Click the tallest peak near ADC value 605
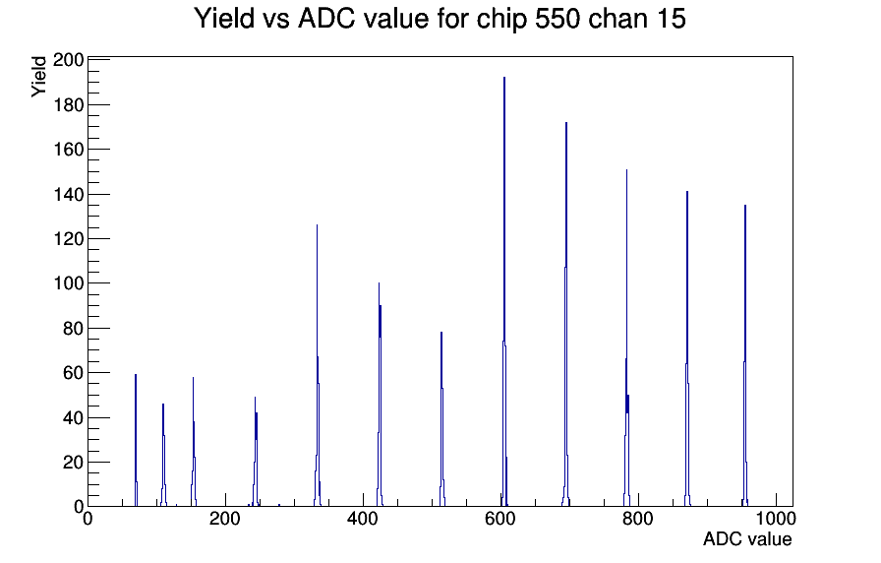(x=504, y=292)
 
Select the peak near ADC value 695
(x=566, y=315)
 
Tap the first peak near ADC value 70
(x=136, y=440)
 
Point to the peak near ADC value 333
(x=318, y=365)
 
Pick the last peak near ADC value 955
(x=745, y=355)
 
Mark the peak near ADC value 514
(x=441, y=419)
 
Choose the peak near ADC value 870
(x=687, y=348)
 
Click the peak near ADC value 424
(x=380, y=394)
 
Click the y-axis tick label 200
(x=68, y=60)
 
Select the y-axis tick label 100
(x=68, y=283)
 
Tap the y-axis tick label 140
(x=68, y=194)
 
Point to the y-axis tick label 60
(x=73, y=373)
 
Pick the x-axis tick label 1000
(x=776, y=519)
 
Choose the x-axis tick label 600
(x=500, y=519)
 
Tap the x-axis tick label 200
(x=225, y=519)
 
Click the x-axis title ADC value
(x=747, y=539)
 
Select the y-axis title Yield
(x=38, y=77)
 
